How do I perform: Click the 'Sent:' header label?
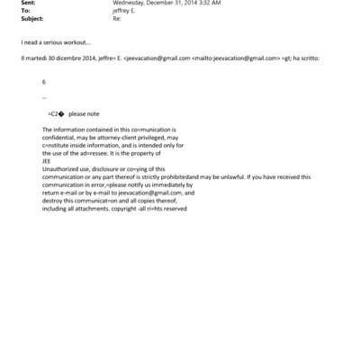[x=27, y=3]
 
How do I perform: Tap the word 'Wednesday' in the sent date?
[x=131, y=3]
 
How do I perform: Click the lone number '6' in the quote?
[x=43, y=81]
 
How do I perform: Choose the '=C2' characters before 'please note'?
[x=55, y=114]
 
